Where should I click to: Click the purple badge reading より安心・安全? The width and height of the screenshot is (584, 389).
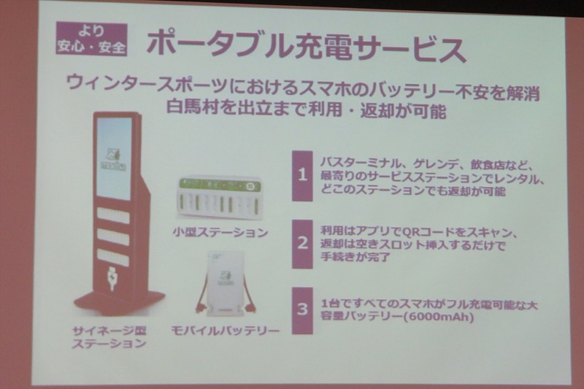92,39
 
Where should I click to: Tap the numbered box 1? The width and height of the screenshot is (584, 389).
302,176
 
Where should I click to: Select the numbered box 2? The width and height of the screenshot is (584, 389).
302,244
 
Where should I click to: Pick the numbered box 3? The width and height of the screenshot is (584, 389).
302,310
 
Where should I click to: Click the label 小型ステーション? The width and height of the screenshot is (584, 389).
220,233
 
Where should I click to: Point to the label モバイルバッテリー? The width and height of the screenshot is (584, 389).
226,330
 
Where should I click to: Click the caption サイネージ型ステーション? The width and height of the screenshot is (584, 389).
109,337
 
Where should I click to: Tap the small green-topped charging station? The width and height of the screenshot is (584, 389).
218,197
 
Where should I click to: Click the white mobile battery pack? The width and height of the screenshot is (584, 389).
225,284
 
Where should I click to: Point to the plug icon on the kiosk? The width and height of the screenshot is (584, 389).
112,278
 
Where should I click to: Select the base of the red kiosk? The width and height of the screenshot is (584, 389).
118,302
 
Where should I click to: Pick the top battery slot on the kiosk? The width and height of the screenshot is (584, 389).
113,216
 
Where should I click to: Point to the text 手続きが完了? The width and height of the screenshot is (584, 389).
356,256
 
